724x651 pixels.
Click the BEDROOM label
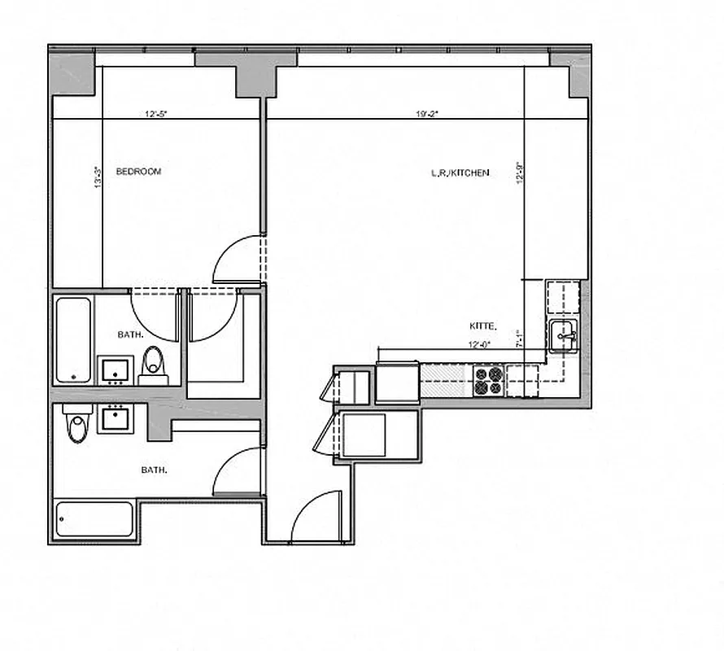138,172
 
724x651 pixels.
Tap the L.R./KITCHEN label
460,173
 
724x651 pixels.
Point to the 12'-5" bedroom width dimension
156,114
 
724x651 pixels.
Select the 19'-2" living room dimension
427,114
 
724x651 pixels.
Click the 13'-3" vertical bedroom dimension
98,177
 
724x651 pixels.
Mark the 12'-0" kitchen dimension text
481,343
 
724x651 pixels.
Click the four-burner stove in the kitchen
488,380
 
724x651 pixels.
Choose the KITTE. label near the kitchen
482,325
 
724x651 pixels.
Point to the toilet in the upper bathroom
152,365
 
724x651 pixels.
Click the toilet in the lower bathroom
76,426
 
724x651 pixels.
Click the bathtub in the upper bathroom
73,340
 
